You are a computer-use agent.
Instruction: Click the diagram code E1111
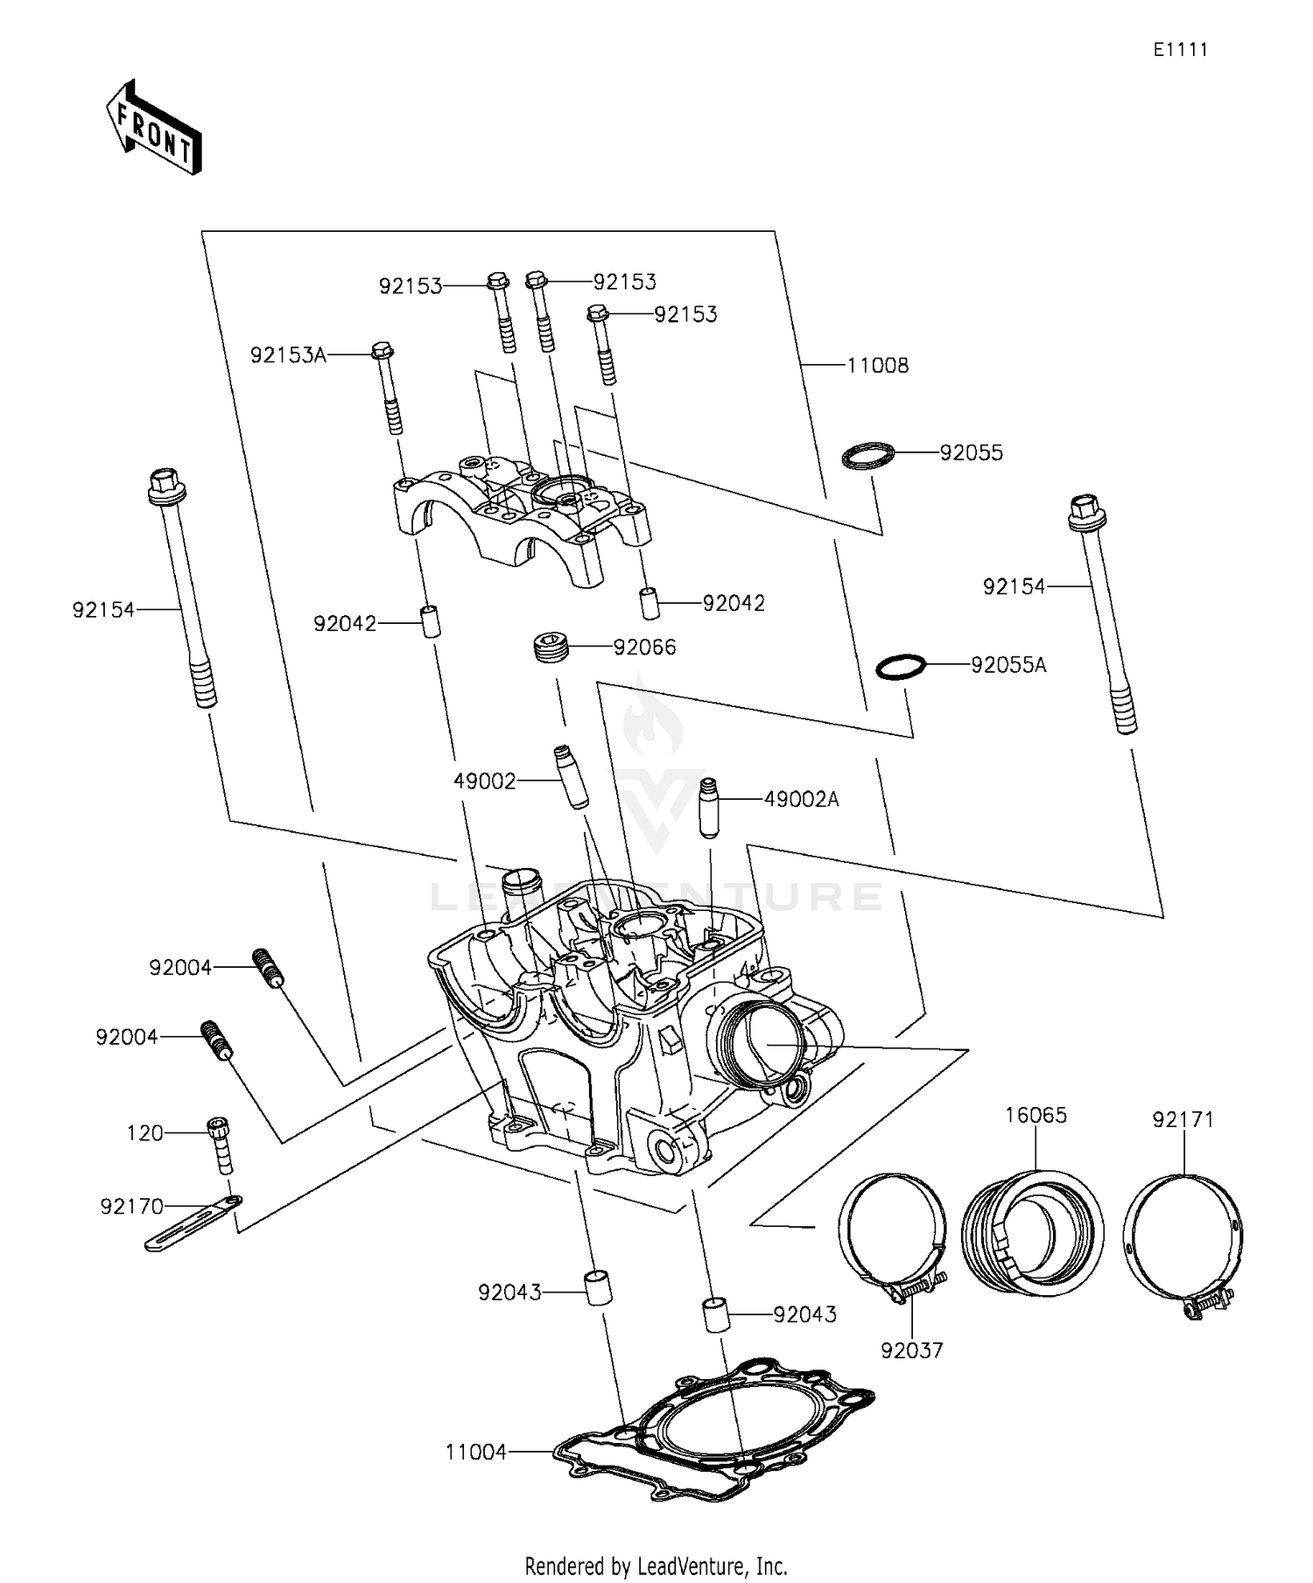point(1179,50)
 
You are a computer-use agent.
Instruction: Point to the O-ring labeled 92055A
point(901,667)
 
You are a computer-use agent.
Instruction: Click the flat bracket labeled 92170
point(193,1222)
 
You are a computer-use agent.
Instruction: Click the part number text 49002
point(484,781)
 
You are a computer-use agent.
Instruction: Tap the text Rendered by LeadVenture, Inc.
point(656,1565)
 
